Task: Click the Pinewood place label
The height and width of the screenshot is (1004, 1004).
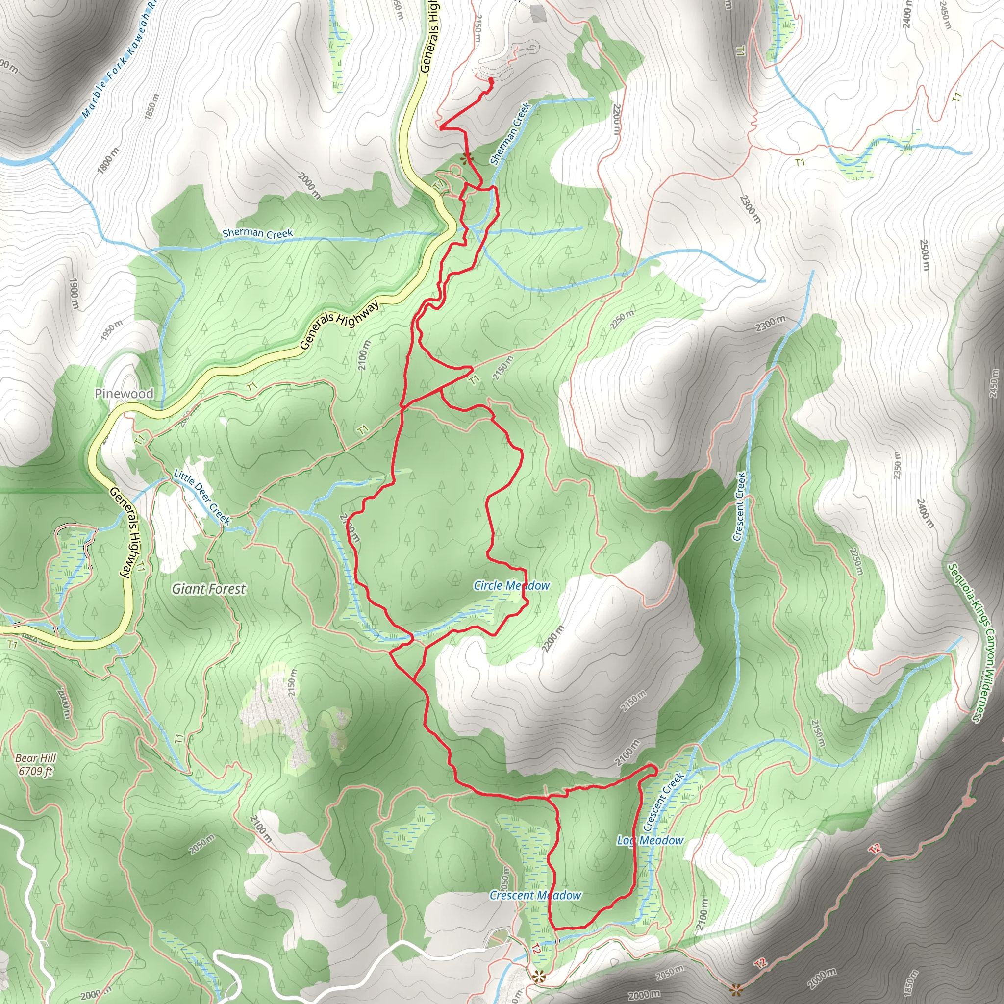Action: click(124, 393)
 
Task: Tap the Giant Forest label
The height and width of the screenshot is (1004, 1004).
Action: click(209, 589)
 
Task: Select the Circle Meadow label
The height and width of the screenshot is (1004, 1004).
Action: click(511, 586)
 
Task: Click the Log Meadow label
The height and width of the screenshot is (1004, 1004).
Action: click(650, 840)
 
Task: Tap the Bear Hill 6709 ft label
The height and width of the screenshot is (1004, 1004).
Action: click(35, 764)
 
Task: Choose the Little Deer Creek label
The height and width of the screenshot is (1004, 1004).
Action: click(201, 497)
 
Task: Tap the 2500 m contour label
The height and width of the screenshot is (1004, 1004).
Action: click(924, 254)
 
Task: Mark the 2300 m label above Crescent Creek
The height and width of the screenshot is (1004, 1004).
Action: click(770, 324)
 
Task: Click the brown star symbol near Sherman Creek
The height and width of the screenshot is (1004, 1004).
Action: click(467, 158)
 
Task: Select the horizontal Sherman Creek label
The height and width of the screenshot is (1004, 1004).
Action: click(258, 234)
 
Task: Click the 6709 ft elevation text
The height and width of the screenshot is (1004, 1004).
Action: click(35, 771)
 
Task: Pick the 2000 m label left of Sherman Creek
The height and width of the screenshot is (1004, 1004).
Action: click(310, 185)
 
